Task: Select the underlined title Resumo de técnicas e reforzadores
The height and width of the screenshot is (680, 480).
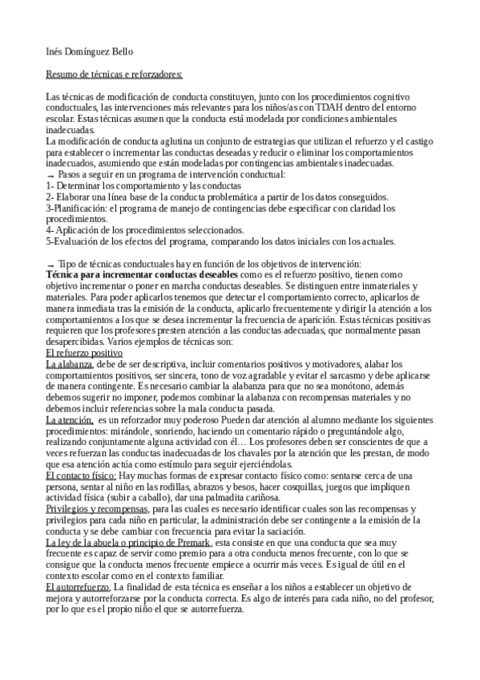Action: [114, 75]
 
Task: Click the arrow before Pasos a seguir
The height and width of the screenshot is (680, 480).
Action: [50, 175]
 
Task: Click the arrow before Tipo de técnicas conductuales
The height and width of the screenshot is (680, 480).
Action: [50, 265]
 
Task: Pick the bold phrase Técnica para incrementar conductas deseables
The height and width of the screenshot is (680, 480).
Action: [142, 274]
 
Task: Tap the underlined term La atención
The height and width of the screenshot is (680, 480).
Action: [68, 419]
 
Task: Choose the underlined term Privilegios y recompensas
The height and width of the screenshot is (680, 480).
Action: [96, 508]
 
